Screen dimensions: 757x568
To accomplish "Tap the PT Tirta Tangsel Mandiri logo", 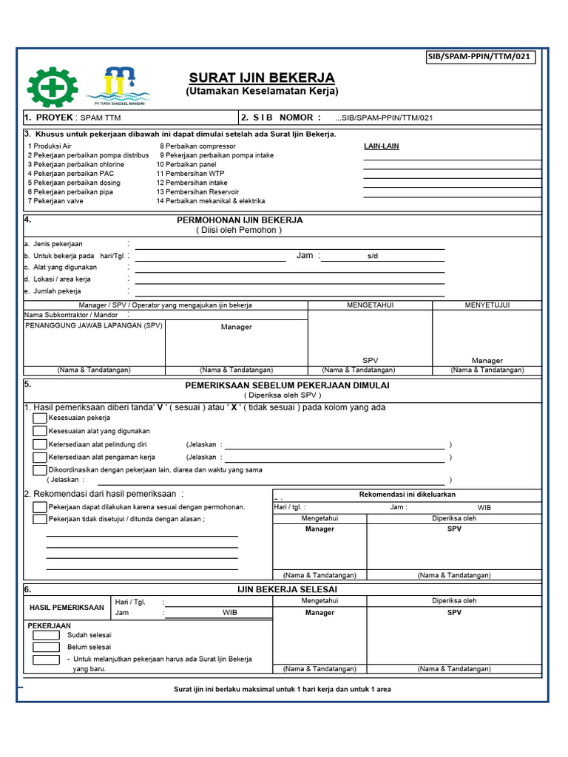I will [118, 84].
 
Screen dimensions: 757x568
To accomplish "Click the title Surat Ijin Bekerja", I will [262, 78].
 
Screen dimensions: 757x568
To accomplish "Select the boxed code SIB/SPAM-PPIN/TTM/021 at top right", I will [479, 58].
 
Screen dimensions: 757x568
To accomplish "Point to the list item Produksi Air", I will [53, 146].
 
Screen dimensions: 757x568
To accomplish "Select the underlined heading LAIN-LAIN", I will [381, 146].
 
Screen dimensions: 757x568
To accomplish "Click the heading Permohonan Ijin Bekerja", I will [240, 220].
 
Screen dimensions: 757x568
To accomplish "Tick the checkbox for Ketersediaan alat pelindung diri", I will [39, 444].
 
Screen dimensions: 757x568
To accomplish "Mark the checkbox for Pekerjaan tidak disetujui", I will [39, 519].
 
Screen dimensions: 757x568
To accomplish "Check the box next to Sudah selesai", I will [46, 635].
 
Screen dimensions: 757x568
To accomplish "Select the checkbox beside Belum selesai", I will [46, 647].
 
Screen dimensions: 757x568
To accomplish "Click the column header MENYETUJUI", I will [487, 305].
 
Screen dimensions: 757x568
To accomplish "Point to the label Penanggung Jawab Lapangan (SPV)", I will [94, 325].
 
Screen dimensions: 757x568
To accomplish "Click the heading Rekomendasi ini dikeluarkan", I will [407, 495].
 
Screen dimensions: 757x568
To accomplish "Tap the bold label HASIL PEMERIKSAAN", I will [67, 607].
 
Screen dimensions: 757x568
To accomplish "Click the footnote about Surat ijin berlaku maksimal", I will [282, 689].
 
